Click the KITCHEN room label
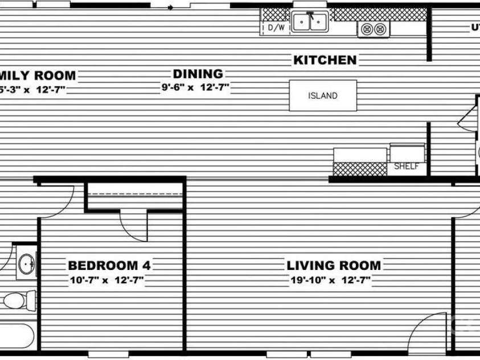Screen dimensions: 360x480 coord(325,60)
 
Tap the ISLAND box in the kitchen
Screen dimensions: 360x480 coord(323,96)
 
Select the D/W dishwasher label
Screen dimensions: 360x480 coord(276,27)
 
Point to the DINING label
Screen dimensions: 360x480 coord(198,74)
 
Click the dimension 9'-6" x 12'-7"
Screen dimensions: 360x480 coord(198,88)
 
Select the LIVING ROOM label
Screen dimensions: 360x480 coord(334,265)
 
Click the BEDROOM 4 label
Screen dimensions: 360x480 coord(109,265)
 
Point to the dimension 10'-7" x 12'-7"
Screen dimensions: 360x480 coord(106,280)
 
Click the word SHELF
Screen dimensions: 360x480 coord(407,167)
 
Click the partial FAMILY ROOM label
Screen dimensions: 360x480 coord(38,75)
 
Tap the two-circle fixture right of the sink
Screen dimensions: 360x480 coord(374,28)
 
